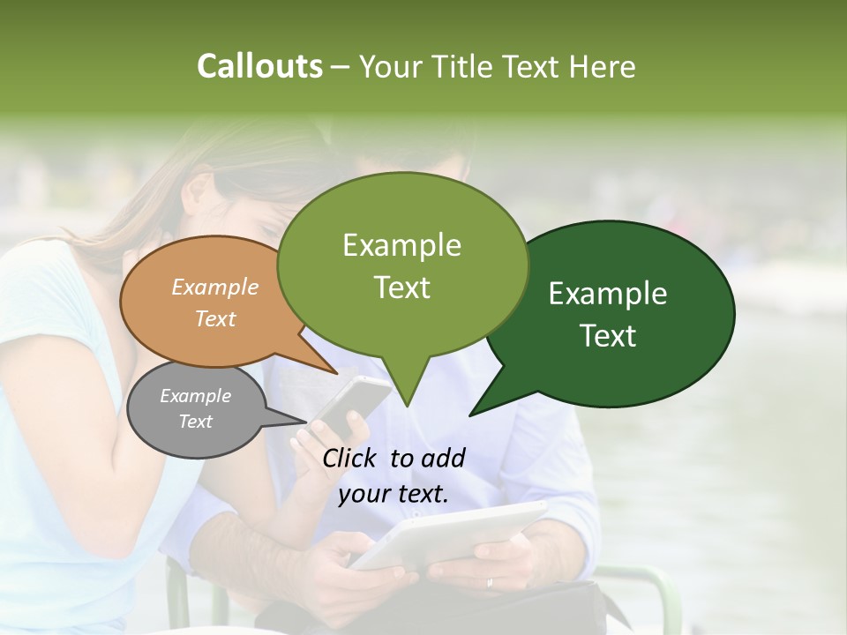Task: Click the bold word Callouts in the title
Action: click(x=259, y=66)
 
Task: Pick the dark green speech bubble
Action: click(x=618, y=313)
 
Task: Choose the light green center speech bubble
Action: click(x=402, y=265)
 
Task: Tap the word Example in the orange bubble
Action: click(x=215, y=288)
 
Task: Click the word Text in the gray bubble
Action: click(x=196, y=422)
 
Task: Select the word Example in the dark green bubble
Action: click(x=608, y=294)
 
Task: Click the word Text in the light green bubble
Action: click(x=402, y=288)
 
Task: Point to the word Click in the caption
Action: click(x=350, y=458)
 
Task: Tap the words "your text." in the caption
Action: click(x=394, y=495)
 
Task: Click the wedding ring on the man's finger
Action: click(x=491, y=582)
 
